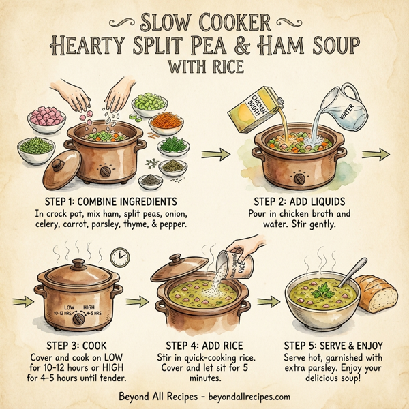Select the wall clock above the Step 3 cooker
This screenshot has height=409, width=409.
(x=119, y=256)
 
